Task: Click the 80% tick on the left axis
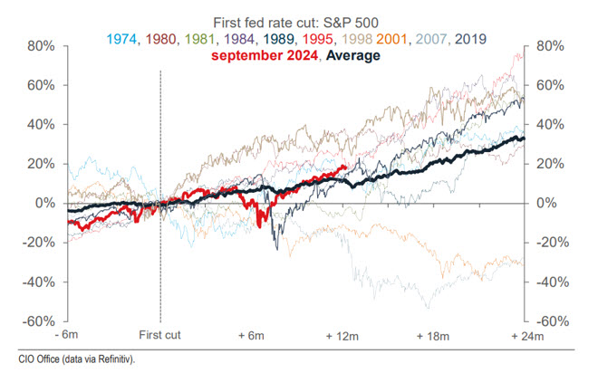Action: pos(43,46)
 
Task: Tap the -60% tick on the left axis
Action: pos(41,321)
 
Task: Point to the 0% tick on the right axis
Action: pos(547,204)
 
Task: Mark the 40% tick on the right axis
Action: pos(551,125)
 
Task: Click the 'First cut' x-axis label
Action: pos(160,336)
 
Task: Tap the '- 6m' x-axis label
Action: pos(70,336)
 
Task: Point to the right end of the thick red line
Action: pos(346,167)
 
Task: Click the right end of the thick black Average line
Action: pos(525,139)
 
